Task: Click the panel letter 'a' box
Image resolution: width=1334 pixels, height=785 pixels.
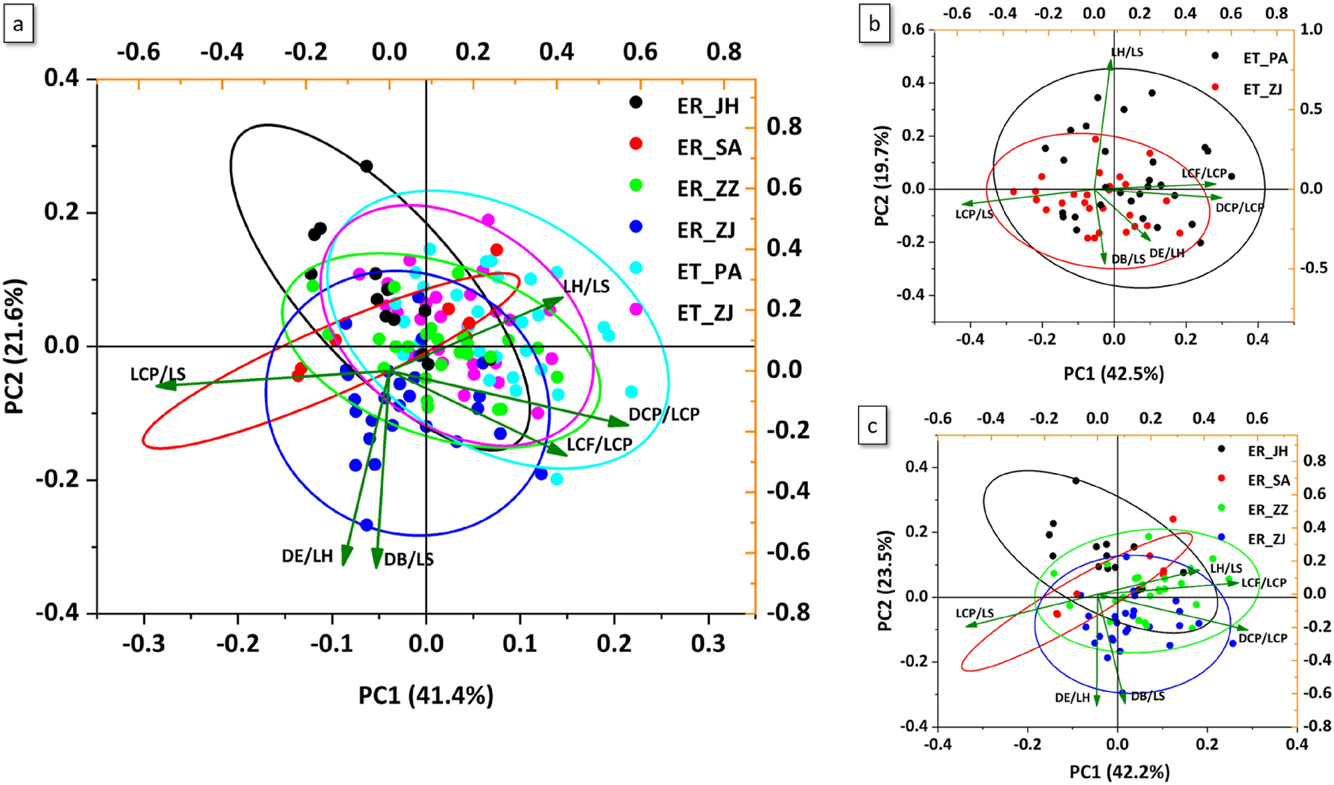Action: (x=18, y=25)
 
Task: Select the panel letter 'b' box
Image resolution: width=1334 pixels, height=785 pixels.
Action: (x=874, y=25)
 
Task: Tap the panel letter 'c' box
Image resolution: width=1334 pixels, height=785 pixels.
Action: (x=872, y=426)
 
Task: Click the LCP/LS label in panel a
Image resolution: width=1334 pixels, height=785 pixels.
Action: (x=158, y=375)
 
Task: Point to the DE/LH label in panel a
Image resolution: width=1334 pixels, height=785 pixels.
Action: (x=307, y=556)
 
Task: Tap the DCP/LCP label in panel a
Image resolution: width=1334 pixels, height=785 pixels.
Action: (x=664, y=414)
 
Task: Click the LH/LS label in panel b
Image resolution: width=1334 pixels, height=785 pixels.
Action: (x=1127, y=53)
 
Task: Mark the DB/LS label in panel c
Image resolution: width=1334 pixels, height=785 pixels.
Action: (x=1148, y=697)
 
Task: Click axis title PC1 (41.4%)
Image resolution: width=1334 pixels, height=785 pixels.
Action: (x=426, y=696)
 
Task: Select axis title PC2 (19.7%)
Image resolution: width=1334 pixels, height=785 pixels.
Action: (x=882, y=176)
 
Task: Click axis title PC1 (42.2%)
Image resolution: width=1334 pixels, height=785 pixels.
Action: (x=1119, y=772)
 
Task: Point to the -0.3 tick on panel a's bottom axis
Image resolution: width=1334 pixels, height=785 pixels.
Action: (x=144, y=643)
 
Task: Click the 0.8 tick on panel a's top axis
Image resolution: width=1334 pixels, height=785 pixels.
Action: (x=724, y=52)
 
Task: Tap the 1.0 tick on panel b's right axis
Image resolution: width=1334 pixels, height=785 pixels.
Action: (x=1311, y=29)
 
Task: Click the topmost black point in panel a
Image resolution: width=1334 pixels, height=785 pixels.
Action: (x=366, y=166)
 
